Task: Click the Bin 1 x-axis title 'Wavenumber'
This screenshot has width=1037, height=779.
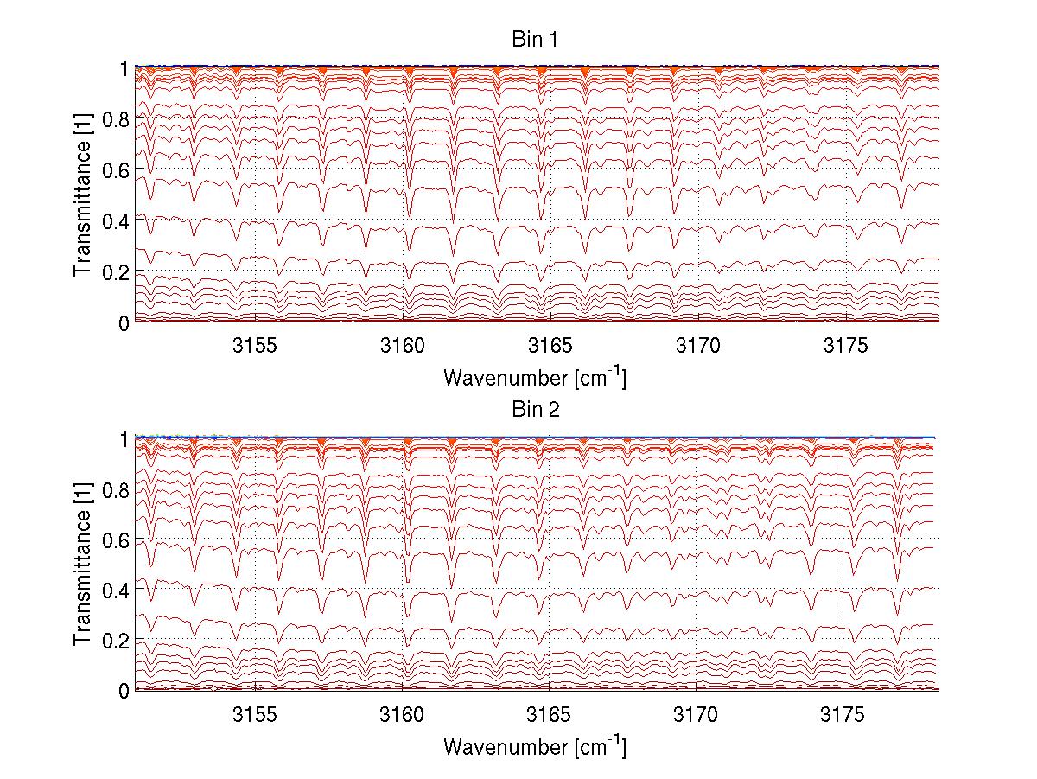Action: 534,378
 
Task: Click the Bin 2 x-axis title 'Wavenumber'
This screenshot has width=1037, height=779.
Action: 534,746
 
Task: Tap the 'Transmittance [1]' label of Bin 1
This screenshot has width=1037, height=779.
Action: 83,195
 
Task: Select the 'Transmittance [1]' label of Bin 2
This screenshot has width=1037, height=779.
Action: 83,565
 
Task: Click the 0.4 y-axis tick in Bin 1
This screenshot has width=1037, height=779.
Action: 117,220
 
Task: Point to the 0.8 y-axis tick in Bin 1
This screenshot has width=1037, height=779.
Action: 117,118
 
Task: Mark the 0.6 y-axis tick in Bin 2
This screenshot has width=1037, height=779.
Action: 117,540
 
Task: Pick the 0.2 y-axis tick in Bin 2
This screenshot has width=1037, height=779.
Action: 117,640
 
